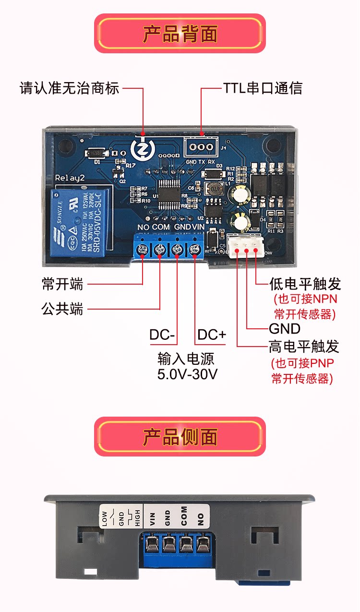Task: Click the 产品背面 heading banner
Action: pyautogui.click(x=180, y=34)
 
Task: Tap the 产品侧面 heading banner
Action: pyautogui.click(x=180, y=437)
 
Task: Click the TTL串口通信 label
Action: pyautogui.click(x=263, y=89)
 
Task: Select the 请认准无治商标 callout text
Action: pyautogui.click(x=69, y=89)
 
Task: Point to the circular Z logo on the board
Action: pyautogui.click(x=142, y=147)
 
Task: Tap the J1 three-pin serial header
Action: pyautogui.click(x=201, y=147)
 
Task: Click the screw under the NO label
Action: pyautogui.click(x=143, y=249)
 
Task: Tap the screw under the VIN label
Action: pyautogui.click(x=194, y=249)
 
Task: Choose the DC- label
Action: pyautogui.click(x=162, y=335)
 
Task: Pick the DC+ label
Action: pyautogui.click(x=212, y=335)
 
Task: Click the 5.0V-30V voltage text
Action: pyautogui.click(x=187, y=374)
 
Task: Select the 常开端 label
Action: pyautogui.click(x=62, y=284)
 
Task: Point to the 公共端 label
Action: pyautogui.click(x=62, y=309)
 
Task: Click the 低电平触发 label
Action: pyautogui.click(x=305, y=284)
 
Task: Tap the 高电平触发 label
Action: pyautogui.click(x=304, y=346)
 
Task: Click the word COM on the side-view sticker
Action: pyautogui.click(x=184, y=516)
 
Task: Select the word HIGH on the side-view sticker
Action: pyautogui.click(x=137, y=517)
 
